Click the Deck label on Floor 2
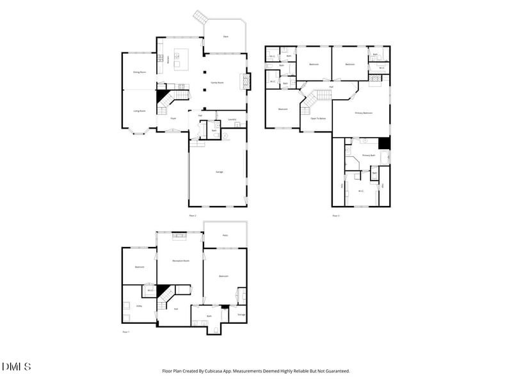225,36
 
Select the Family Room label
217,83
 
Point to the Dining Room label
140,72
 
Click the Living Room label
139,111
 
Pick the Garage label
218,172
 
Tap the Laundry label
232,119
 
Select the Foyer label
173,118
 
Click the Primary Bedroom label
364,113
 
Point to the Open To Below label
318,118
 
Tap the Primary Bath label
368,156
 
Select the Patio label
225,235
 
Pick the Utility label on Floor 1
139,306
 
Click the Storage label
241,314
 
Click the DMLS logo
16,367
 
